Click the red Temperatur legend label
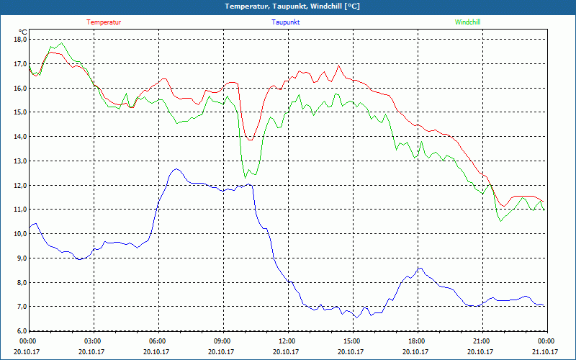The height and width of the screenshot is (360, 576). (104, 22)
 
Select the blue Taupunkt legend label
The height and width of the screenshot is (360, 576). (286, 22)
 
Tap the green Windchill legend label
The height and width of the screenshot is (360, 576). (467, 22)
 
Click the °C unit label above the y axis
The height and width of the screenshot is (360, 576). (23, 32)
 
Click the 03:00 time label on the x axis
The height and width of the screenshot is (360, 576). (93, 341)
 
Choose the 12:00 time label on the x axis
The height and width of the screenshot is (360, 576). (287, 341)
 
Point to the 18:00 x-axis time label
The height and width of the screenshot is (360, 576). (416, 341)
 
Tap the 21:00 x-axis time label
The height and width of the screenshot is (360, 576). (481, 341)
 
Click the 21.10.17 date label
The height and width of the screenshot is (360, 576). (545, 351)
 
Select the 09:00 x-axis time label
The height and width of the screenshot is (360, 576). (222, 341)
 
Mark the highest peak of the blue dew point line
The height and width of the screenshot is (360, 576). (176, 169)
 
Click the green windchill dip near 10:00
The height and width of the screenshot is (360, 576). (246, 177)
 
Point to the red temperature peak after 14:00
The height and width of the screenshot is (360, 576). (338, 65)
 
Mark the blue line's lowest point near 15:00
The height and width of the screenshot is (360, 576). (356, 318)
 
